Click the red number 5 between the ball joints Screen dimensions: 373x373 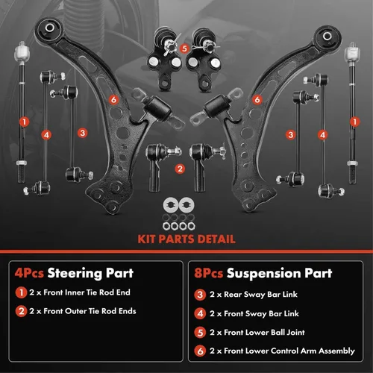point(184,48)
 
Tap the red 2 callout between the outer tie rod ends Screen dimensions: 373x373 point(180,169)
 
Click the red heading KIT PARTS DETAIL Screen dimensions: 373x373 point(186,239)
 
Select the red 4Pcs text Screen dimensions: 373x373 point(29,273)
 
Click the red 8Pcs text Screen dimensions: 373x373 point(208,273)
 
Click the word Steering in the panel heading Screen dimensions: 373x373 point(75,274)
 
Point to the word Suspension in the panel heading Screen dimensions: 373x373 point(264,274)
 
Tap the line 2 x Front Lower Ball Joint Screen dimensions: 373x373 point(257,332)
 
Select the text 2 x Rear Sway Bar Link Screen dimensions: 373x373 point(254,295)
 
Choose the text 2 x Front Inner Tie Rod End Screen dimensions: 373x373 point(80,292)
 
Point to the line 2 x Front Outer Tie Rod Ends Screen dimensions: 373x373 point(83,311)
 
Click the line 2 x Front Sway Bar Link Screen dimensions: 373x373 point(254,314)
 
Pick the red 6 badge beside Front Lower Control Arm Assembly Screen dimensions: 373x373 point(200,351)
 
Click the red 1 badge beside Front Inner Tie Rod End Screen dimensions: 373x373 point(21,292)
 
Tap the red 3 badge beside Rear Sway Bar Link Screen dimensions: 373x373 point(200,295)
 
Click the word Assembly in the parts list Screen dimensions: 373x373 point(336,351)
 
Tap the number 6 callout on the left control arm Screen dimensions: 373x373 point(113,100)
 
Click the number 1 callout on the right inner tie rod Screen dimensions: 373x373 point(354,122)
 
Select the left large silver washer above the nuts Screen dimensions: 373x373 point(171,205)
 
